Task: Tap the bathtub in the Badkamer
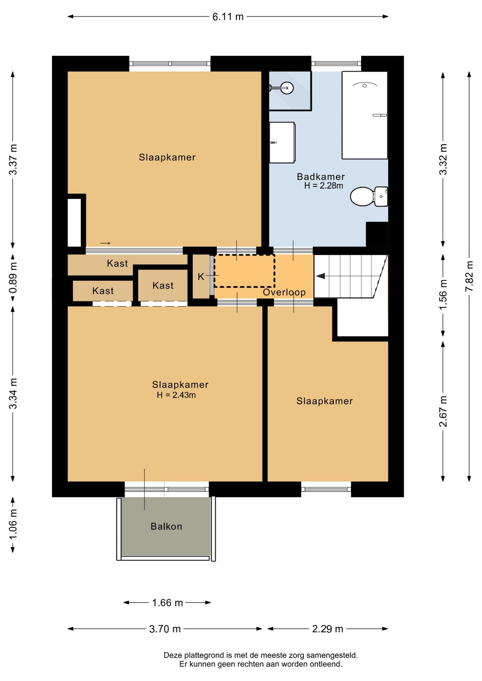pyautogui.click(x=365, y=115)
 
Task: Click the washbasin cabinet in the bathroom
pyautogui.click(x=282, y=143)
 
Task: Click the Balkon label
pyautogui.click(x=166, y=526)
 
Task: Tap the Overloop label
pyautogui.click(x=284, y=292)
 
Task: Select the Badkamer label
pyautogui.click(x=321, y=177)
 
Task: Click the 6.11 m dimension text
pyautogui.click(x=228, y=17)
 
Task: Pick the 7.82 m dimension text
pyautogui.click(x=469, y=276)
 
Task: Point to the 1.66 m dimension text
pyautogui.click(x=167, y=603)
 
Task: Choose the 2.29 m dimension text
pyautogui.click(x=328, y=629)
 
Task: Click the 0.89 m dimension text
pyautogui.click(x=13, y=278)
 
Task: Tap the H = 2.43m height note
pyautogui.click(x=176, y=395)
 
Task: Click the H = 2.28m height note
pyautogui.click(x=323, y=186)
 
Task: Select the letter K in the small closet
pyautogui.click(x=201, y=277)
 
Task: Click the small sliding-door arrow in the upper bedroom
pyautogui.click(x=105, y=243)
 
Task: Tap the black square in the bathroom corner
pyautogui.click(x=377, y=234)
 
